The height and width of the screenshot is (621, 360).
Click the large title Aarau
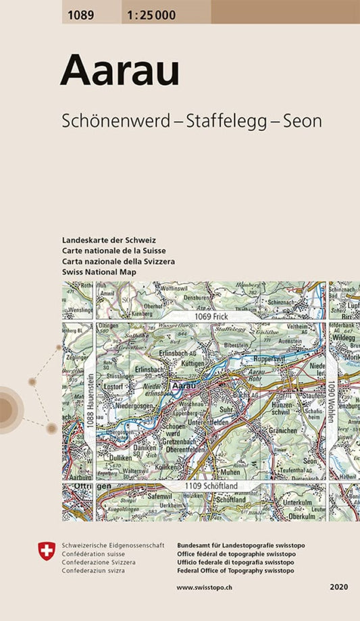(120, 71)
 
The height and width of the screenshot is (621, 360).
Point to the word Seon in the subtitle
(302, 121)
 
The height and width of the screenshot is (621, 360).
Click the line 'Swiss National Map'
(99, 271)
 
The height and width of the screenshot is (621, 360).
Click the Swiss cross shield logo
(47, 551)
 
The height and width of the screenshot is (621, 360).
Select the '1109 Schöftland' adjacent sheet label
(211, 487)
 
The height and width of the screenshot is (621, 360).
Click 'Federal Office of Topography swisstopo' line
(234, 571)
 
